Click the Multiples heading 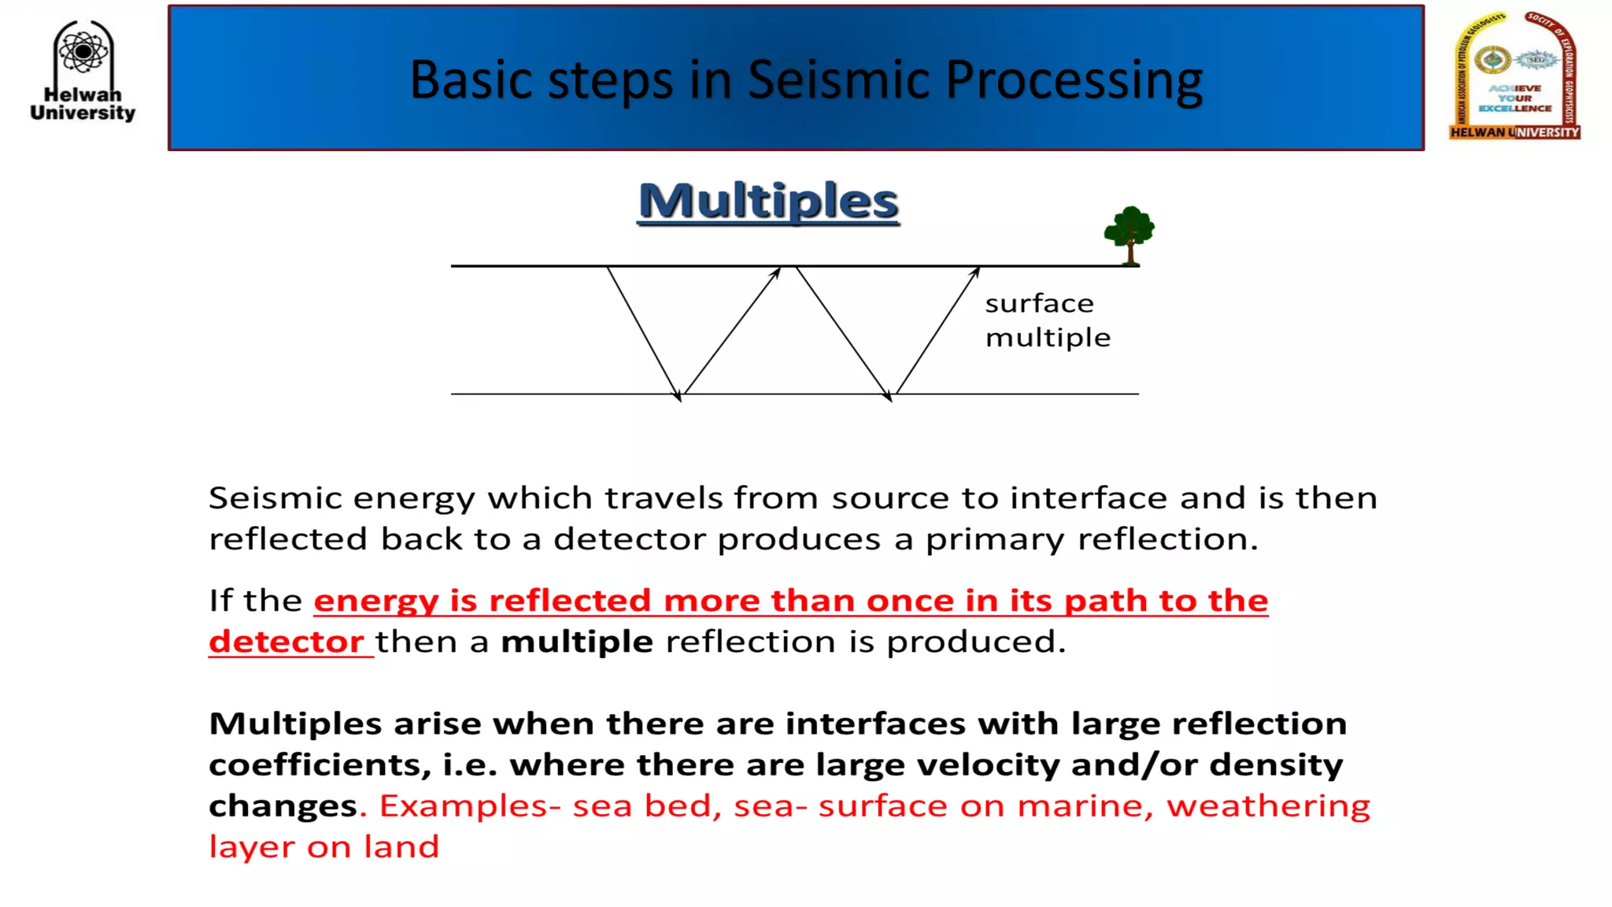768,202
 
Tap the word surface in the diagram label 1039,304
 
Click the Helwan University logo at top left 83,71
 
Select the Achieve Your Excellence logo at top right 1514,76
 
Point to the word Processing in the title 1074,80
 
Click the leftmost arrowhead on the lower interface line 678,396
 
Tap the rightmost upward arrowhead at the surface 976,272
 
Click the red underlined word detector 287,642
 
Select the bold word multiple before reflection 577,642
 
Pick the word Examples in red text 464,805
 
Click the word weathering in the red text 1268,805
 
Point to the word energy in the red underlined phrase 375,601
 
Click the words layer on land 324,847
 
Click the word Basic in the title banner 471,80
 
